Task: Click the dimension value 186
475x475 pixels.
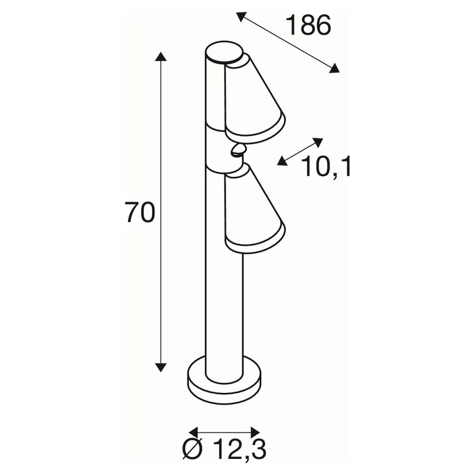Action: (308, 26)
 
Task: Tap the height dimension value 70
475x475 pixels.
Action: (140, 213)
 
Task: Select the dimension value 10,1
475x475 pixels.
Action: (326, 167)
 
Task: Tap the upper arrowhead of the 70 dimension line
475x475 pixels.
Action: (161, 57)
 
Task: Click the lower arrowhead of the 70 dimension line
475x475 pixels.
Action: (161, 367)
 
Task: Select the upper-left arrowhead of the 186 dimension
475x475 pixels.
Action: (241, 16)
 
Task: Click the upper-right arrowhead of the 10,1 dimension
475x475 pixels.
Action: (318, 142)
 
